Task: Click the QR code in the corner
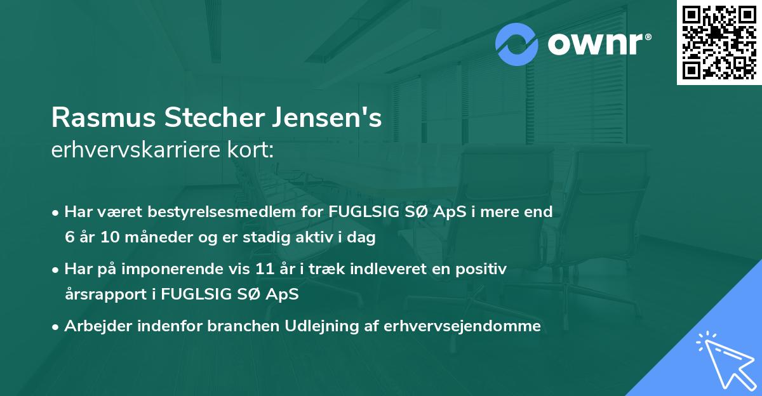tap(719, 42)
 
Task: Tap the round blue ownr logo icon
tap(517, 44)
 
